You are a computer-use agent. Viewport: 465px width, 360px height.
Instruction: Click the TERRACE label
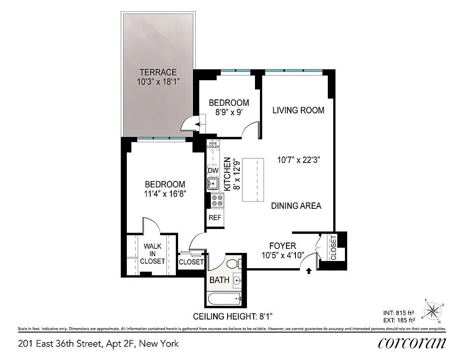[x=157, y=72]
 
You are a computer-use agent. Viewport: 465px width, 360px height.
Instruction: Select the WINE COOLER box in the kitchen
[x=213, y=145]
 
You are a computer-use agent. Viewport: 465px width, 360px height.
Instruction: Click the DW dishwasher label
[x=212, y=171]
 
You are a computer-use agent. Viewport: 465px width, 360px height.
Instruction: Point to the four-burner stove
[x=217, y=200]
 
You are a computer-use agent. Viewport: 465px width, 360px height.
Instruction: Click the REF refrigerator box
[x=215, y=218]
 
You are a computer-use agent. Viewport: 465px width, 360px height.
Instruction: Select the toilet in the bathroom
[x=233, y=264]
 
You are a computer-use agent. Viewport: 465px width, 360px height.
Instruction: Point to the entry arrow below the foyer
[x=309, y=271]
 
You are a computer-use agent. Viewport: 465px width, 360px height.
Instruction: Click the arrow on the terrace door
[x=185, y=123]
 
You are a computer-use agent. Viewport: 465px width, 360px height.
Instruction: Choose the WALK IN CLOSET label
[x=152, y=254]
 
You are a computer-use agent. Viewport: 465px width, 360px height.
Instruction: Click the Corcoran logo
[x=411, y=343]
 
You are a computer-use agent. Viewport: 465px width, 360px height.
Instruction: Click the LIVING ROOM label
[x=298, y=110]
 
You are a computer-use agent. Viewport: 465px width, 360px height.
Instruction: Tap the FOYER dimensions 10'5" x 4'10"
[x=282, y=255]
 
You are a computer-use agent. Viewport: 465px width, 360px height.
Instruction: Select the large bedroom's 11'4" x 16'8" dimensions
[x=165, y=194]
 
